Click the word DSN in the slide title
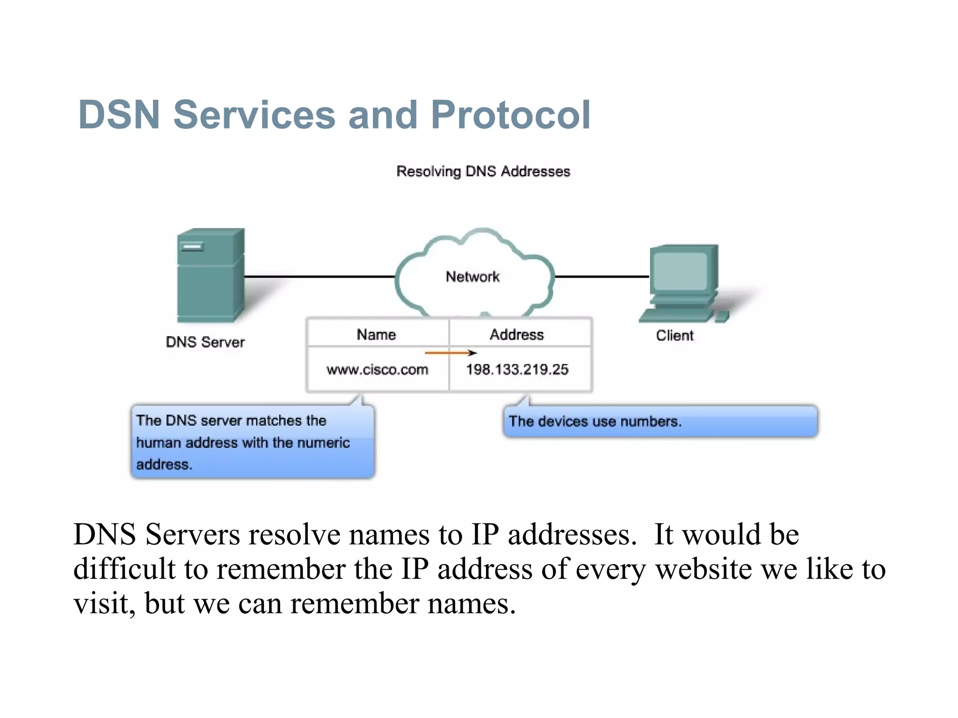119,115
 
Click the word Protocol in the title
510,115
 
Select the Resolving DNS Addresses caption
483,172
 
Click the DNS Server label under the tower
205,342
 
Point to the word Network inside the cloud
472,277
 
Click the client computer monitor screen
680,271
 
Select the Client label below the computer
675,336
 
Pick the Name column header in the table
376,335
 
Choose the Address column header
517,335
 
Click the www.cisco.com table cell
377,370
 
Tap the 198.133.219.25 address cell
517,370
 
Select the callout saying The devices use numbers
660,422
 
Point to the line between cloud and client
602,277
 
